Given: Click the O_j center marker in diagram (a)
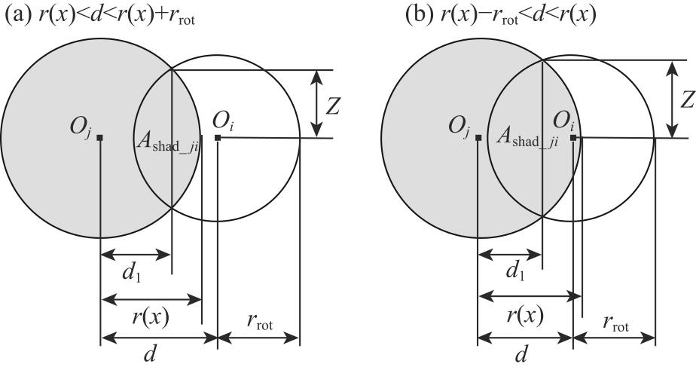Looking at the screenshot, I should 100,138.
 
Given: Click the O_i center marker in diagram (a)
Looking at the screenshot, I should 218,138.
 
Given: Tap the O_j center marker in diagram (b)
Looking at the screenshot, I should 478,138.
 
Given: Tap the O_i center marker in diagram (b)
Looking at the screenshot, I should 573,138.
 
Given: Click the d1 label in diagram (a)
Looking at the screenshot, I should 133,274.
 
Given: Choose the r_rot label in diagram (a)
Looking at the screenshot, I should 259,325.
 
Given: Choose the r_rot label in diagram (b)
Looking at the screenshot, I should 615,325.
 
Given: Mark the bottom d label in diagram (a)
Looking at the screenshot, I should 151,353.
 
